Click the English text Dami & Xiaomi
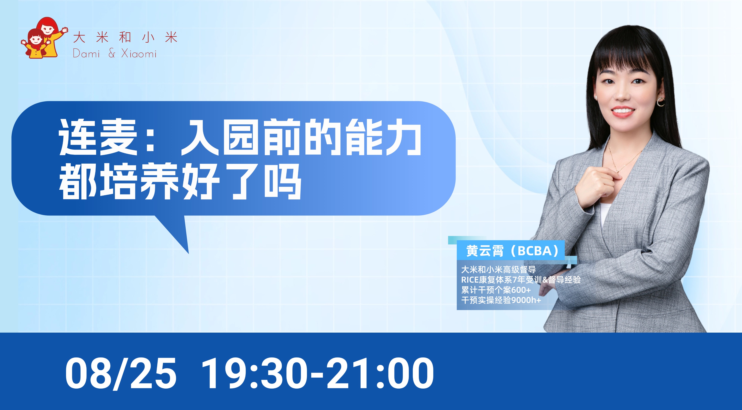115,54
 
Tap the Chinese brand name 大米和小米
125,38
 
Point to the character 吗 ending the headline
283,181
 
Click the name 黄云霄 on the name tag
485,251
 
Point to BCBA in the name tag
534,251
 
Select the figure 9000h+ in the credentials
526,300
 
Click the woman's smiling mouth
623,111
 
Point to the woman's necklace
625,164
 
